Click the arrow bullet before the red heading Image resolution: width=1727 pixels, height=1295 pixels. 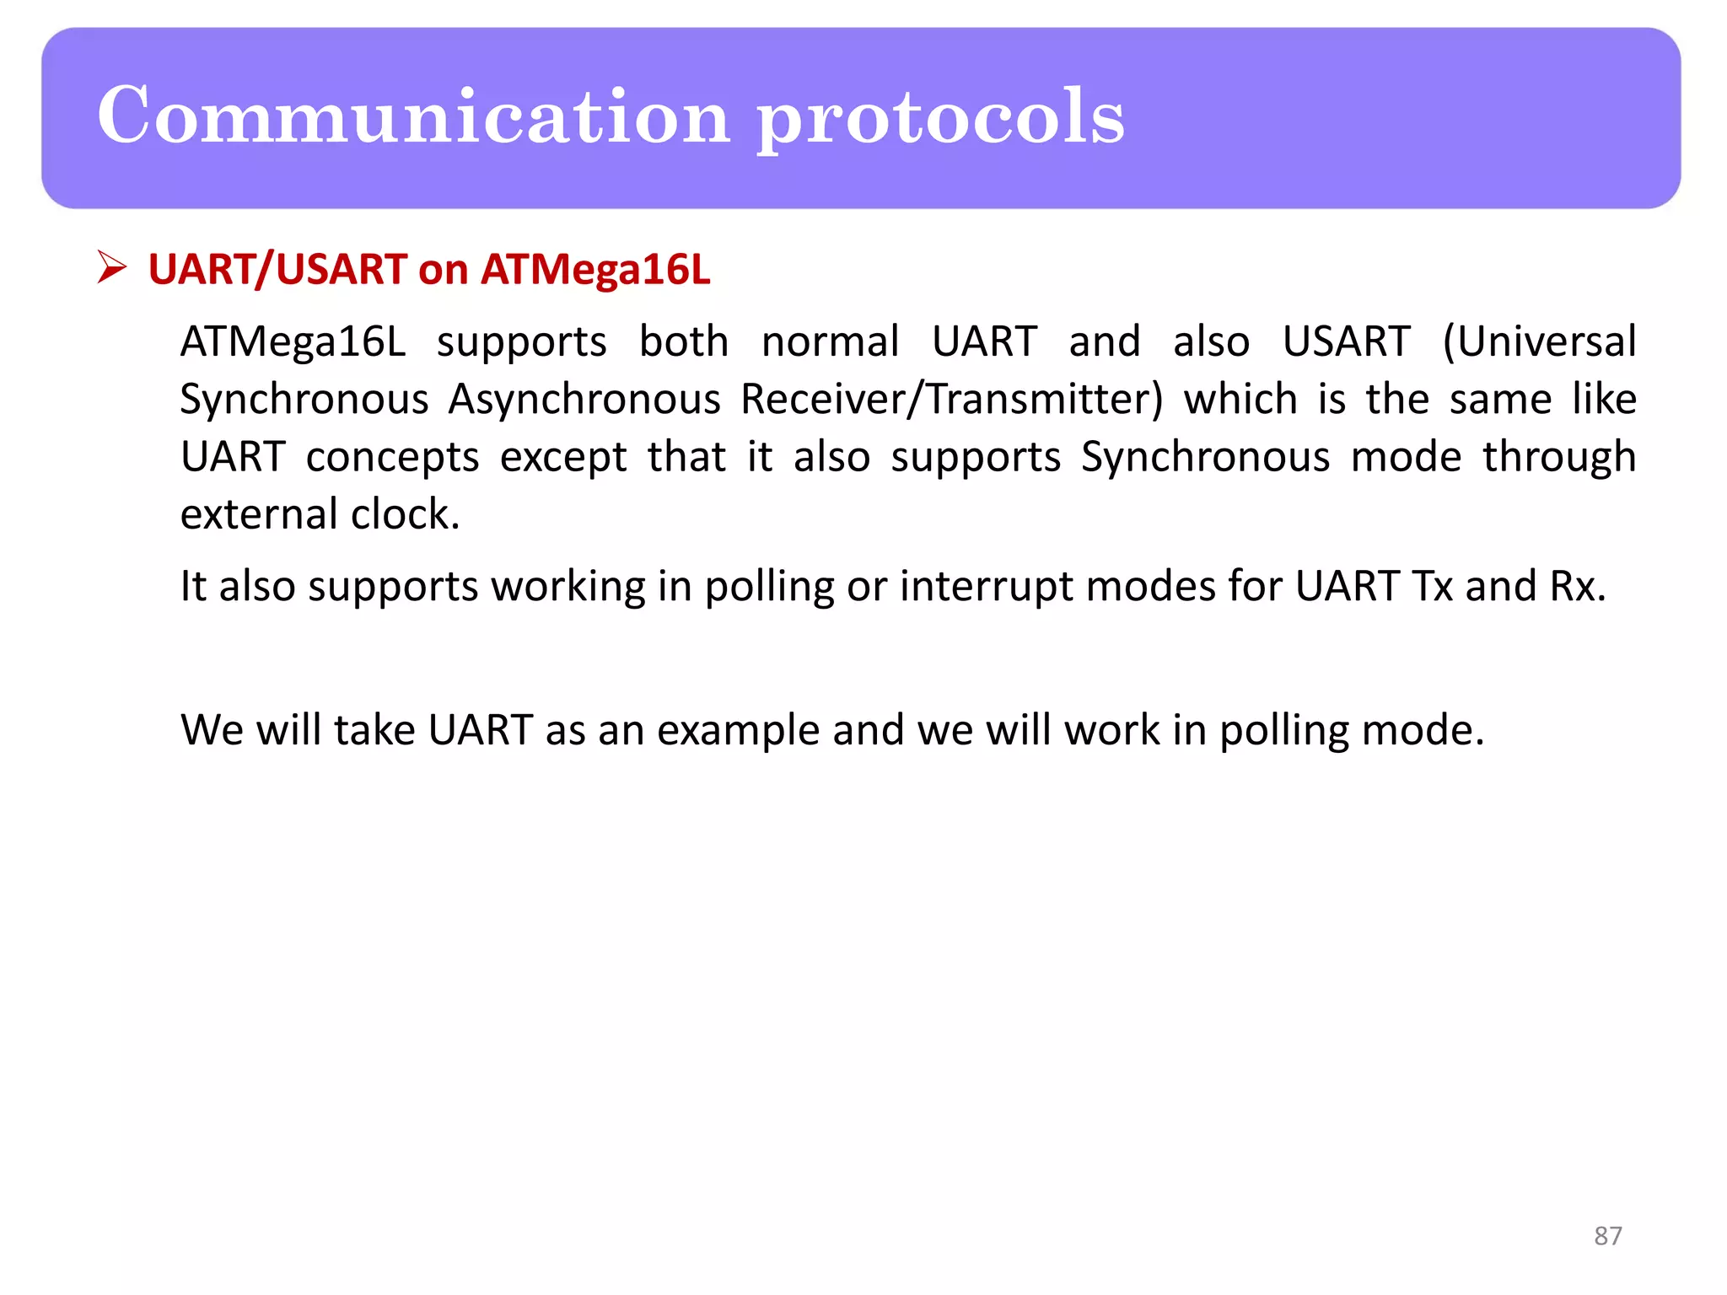point(111,267)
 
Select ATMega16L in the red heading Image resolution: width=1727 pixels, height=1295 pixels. point(595,270)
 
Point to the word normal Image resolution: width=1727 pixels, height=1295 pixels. point(830,342)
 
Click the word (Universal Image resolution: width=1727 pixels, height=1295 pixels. point(1539,342)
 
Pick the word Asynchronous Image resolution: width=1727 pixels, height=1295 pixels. point(584,399)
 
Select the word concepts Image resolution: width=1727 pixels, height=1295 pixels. point(392,458)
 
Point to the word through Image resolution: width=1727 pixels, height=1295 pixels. point(1559,458)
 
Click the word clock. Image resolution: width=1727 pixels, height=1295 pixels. point(405,514)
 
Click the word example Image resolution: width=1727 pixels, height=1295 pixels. point(738,731)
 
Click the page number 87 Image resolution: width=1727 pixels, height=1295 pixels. point(1607,1236)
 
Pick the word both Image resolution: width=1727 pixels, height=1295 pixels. point(683,342)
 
